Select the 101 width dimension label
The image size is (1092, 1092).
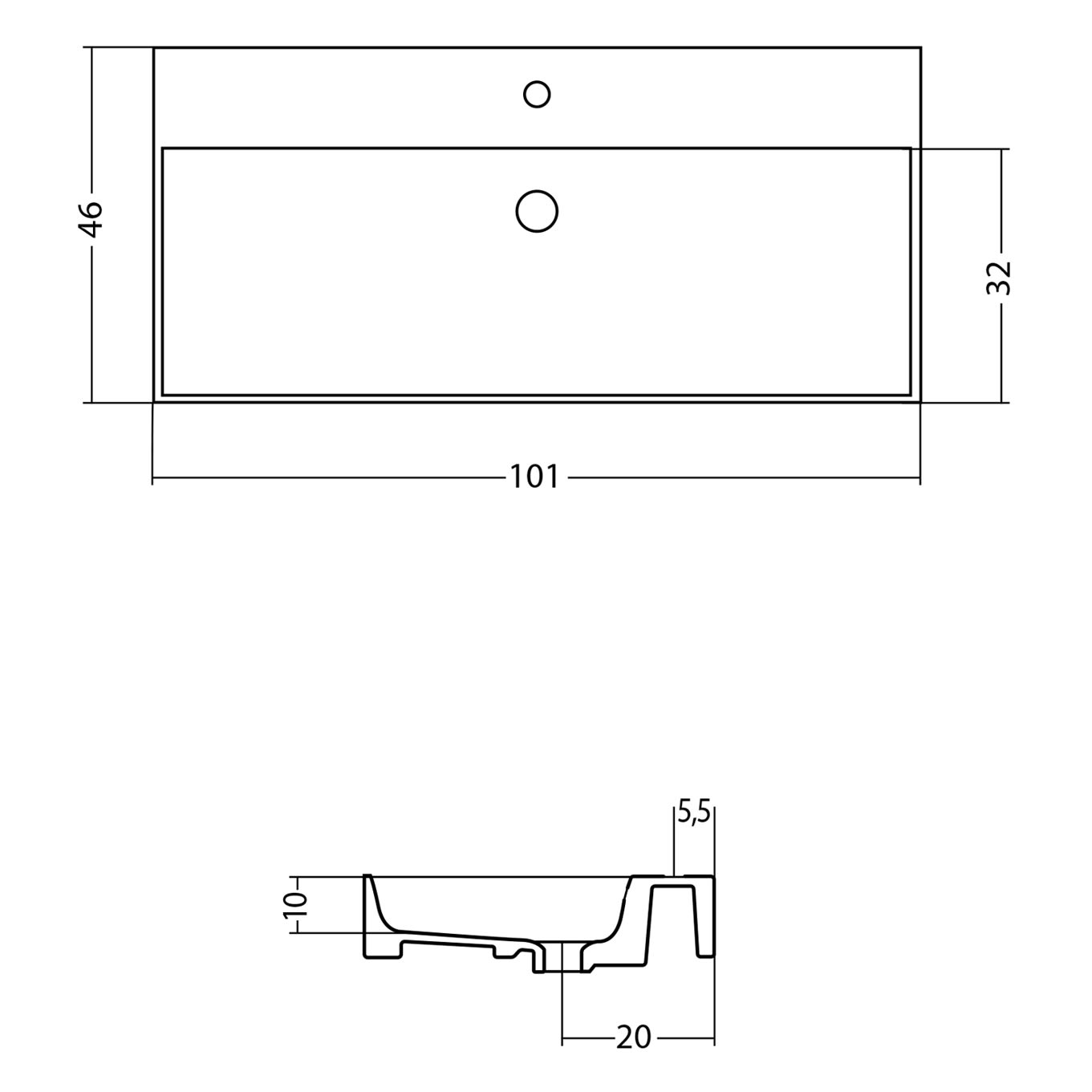(x=534, y=477)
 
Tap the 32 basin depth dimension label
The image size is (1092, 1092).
(x=998, y=278)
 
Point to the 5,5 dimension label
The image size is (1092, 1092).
(x=693, y=814)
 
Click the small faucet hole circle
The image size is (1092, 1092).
(x=537, y=94)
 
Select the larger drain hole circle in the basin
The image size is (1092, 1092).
(x=537, y=211)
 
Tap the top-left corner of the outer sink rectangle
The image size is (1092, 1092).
(x=154, y=48)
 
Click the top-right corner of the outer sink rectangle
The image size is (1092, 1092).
(x=920, y=48)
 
